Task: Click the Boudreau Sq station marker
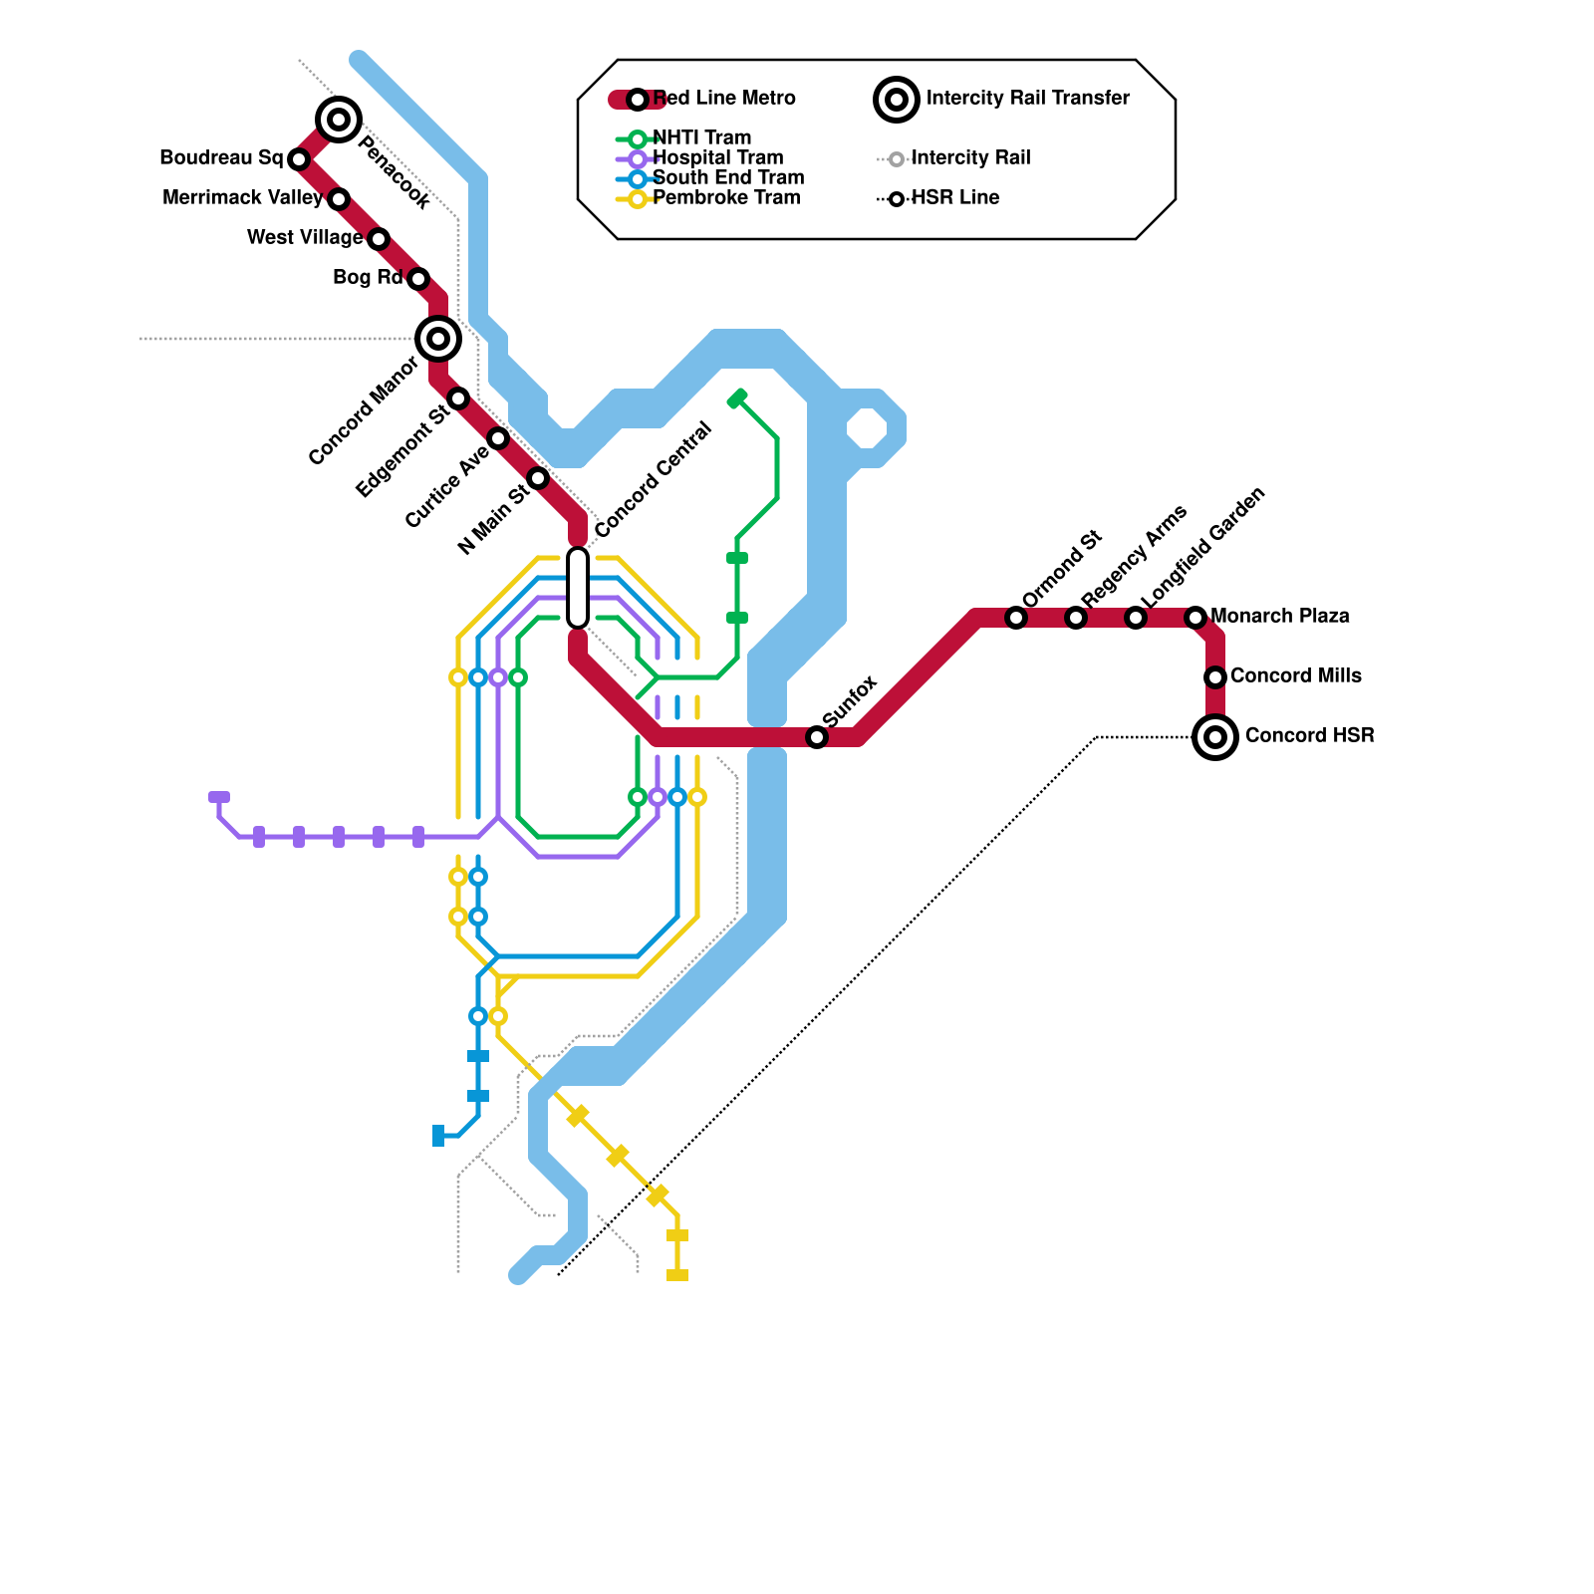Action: (298, 159)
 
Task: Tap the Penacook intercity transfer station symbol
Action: (339, 121)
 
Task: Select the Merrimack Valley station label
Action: (242, 198)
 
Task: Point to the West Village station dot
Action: (378, 239)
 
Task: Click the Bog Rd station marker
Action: (418, 279)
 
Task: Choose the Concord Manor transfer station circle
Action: (437, 339)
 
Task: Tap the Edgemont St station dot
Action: (458, 398)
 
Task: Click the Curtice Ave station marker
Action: (498, 438)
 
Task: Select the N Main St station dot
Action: (538, 478)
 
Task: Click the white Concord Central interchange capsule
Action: (578, 588)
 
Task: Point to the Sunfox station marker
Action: (817, 737)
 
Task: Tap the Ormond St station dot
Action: (1016, 618)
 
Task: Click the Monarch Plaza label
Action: (1279, 617)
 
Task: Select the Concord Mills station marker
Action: (1215, 677)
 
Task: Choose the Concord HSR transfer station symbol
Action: (1215, 737)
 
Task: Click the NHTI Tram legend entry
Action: (700, 138)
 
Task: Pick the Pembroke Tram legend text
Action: (726, 198)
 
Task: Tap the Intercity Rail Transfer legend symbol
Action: (896, 99)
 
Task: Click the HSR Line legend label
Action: (954, 198)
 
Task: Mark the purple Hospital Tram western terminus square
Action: (219, 797)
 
